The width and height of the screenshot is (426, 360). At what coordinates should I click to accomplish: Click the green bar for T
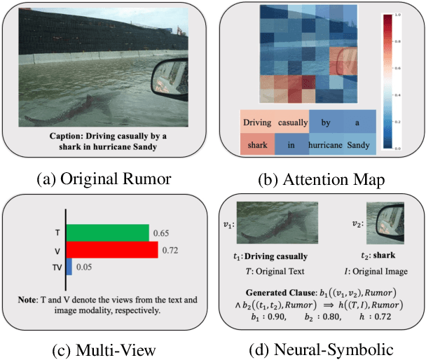[x=107, y=233]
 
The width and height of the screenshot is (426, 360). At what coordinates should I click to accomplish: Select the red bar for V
[x=112, y=250]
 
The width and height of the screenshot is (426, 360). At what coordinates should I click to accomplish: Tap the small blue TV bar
[x=69, y=267]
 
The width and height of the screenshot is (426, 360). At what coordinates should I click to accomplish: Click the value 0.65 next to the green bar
[x=160, y=233]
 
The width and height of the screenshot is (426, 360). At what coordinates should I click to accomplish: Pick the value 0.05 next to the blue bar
[x=85, y=267]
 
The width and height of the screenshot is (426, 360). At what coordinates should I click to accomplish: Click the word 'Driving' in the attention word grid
[x=257, y=123]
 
